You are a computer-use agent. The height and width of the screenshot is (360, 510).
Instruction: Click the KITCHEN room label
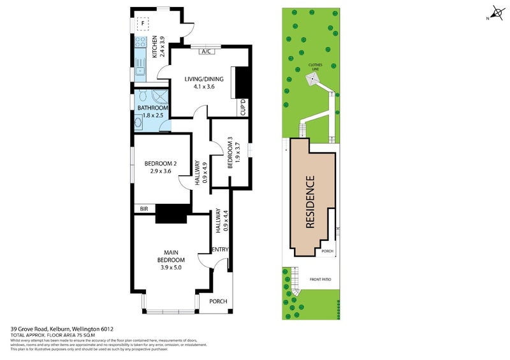[154, 47]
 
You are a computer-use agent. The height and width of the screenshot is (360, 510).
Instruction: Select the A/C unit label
[206, 52]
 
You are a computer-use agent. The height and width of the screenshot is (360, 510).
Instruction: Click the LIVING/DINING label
[204, 80]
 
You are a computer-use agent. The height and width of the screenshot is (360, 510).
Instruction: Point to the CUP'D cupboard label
[243, 106]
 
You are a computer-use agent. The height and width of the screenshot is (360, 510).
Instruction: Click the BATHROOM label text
[153, 108]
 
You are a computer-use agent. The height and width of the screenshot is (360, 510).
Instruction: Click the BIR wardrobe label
[143, 208]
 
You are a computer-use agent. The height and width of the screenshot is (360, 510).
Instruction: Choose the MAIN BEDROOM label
[171, 256]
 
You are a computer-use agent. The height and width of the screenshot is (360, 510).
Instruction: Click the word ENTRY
[220, 249]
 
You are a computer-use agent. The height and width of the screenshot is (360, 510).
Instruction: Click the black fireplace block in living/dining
[241, 82]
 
